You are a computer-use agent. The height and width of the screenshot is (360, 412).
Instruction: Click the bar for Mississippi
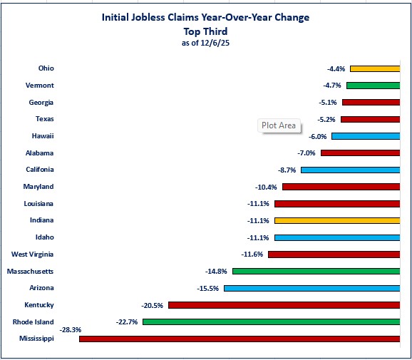click(239, 339)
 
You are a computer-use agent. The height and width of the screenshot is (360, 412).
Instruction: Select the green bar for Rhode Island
click(271, 322)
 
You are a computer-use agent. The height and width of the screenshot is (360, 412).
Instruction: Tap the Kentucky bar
click(284, 305)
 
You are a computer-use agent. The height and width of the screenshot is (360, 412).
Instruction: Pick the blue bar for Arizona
click(311, 288)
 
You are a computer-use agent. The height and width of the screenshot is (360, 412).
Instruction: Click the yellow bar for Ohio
click(374, 68)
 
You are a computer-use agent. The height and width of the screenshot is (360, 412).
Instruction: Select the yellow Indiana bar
click(336, 220)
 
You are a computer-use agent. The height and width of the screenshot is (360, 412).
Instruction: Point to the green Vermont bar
click(373, 85)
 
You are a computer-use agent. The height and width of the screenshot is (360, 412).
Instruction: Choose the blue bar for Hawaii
click(365, 135)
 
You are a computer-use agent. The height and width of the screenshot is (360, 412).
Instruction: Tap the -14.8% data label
click(217, 272)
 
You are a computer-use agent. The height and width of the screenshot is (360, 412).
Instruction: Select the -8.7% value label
click(287, 170)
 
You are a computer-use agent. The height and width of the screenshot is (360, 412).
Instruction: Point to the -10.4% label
click(268, 187)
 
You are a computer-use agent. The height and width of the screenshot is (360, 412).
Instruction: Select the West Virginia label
click(33, 254)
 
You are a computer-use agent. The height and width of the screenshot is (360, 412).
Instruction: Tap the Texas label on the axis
click(45, 119)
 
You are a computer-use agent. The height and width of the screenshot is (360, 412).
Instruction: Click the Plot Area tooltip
click(278, 125)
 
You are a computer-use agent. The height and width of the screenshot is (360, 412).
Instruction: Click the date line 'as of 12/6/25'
click(205, 43)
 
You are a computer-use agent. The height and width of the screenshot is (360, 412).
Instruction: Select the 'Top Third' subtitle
click(205, 31)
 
